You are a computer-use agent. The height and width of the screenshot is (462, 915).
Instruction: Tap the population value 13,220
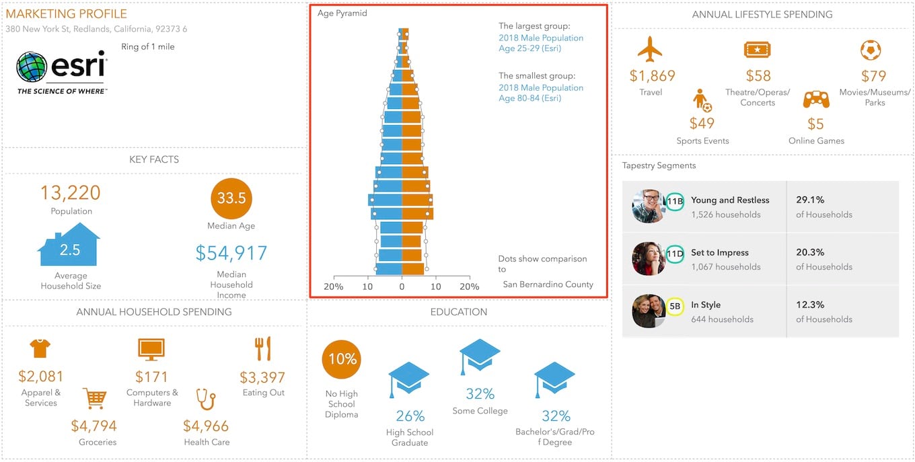70,193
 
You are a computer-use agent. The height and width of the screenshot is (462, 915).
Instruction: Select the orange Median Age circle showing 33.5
231,199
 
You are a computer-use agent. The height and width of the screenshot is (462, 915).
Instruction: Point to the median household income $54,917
231,253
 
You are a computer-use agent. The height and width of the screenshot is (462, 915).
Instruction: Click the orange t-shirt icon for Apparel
40,348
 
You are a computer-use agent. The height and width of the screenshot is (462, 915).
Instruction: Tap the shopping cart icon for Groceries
94,398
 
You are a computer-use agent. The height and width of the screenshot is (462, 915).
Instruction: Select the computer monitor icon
151,350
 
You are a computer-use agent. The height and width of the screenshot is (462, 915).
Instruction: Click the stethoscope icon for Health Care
206,399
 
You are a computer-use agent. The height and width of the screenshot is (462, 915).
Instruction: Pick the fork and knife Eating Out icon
262,349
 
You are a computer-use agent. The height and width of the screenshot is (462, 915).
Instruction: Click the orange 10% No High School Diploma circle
342,359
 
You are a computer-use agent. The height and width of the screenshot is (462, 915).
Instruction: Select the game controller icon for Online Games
816,100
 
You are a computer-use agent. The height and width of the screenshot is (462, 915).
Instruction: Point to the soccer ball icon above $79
871,50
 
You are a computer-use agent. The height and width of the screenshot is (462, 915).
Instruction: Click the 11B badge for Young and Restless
675,200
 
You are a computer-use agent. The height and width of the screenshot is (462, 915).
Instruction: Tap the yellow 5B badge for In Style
675,306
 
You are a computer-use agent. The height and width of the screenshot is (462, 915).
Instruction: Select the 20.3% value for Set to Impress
810,253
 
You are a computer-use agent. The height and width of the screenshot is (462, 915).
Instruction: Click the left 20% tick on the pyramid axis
334,286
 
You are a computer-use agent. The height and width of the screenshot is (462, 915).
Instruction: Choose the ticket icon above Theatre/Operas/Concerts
757,50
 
